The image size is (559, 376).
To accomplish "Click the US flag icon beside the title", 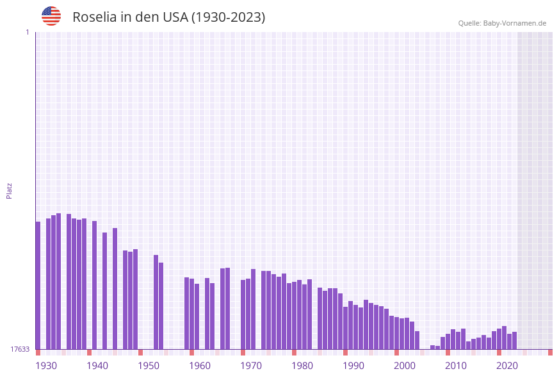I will [51, 16].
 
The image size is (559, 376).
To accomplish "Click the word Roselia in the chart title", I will [95, 17].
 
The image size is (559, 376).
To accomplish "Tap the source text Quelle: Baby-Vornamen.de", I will [502, 23].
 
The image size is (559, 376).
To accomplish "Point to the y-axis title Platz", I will [9, 190].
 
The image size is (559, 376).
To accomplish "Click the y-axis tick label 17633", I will [20, 349].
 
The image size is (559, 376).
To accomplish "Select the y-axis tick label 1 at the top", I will [27, 32].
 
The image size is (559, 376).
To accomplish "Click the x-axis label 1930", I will [46, 366].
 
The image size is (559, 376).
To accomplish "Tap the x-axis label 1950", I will [149, 366].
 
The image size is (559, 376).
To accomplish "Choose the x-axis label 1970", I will [251, 366].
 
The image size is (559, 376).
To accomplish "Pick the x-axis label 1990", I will [353, 366].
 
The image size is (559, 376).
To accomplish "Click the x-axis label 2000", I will [405, 366].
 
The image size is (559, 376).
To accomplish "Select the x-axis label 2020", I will [507, 366].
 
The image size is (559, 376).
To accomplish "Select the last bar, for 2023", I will [514, 340].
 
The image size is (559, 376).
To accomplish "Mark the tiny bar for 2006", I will [432, 347].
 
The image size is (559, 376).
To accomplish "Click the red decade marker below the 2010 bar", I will [448, 352].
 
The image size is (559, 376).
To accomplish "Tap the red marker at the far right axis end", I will [550, 352].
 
